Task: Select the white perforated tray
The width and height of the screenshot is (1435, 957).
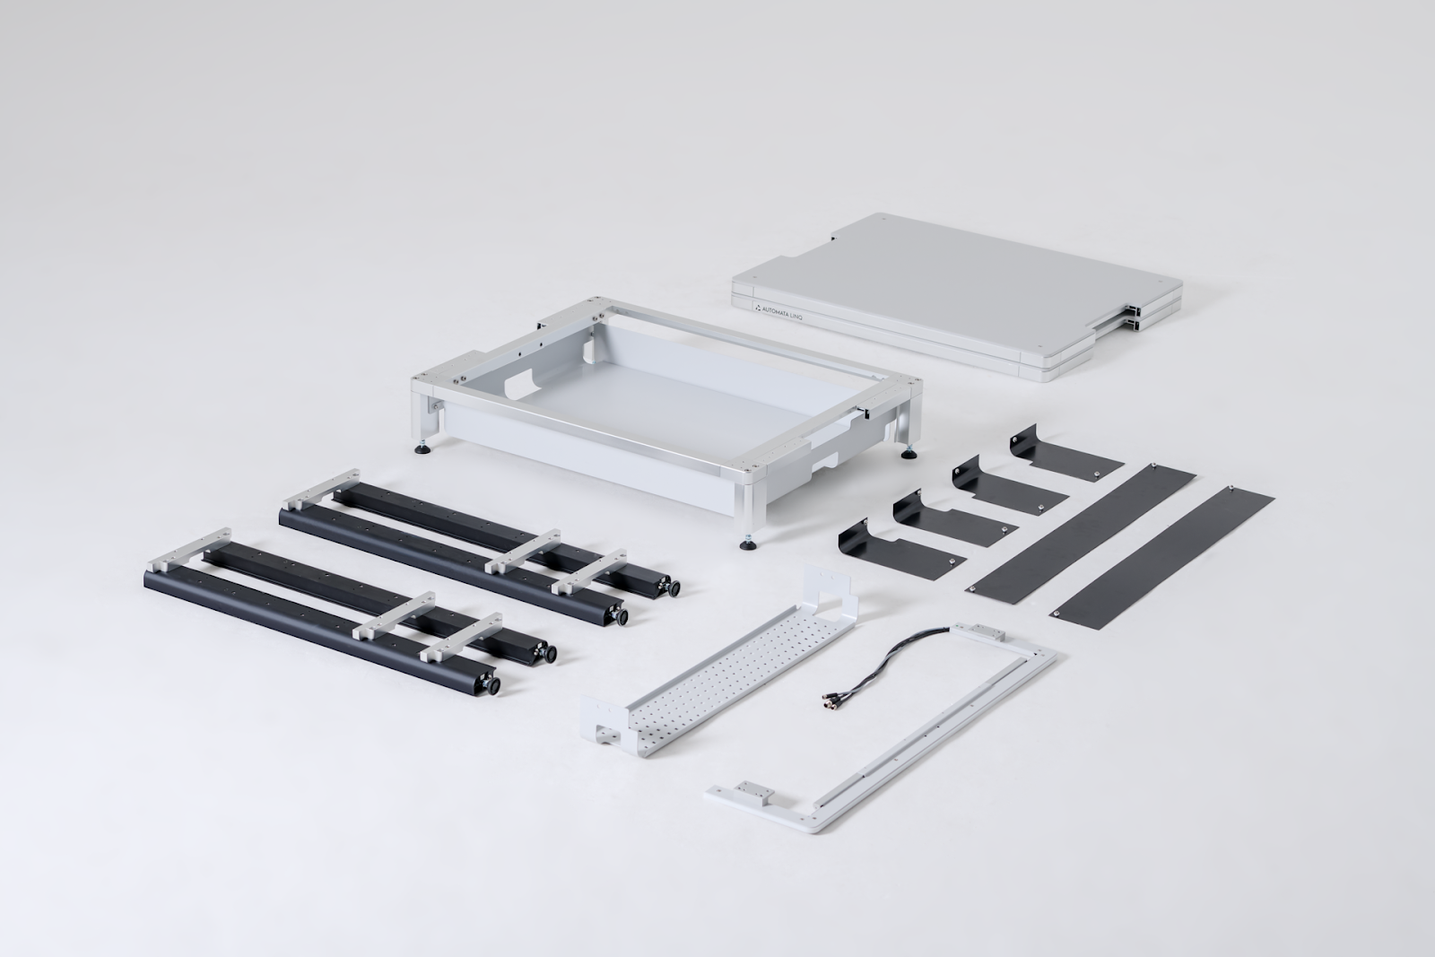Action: point(718,662)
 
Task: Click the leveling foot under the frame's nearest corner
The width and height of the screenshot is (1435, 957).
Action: point(745,544)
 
